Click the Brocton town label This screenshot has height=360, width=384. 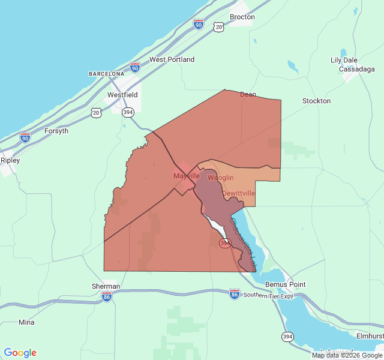(242, 17)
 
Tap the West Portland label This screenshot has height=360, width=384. (172, 59)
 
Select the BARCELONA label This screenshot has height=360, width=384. (106, 74)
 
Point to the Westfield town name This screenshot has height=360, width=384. (122, 95)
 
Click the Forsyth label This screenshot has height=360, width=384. (56, 131)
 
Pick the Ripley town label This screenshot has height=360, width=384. (10, 160)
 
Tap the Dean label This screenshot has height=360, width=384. (248, 94)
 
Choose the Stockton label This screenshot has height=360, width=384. (316, 101)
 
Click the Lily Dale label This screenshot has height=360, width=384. (344, 60)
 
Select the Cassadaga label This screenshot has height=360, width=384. (356, 69)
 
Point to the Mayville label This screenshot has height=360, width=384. (186, 176)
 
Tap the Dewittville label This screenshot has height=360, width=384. (238, 193)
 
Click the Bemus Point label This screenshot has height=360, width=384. (286, 284)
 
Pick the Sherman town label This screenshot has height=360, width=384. (106, 286)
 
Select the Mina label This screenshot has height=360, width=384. (26, 322)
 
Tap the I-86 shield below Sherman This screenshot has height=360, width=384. (106, 297)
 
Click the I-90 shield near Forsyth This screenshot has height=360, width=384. (25, 137)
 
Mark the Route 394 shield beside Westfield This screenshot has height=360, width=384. (128, 112)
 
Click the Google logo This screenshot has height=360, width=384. (20, 353)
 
